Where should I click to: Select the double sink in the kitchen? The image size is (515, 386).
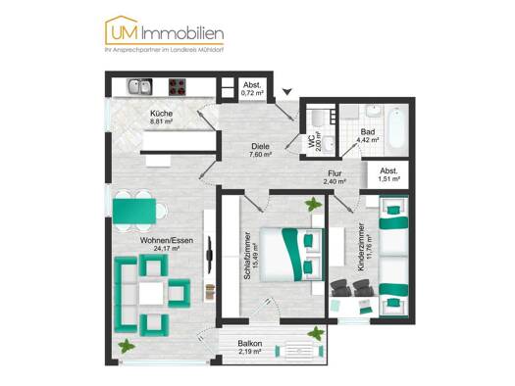point(140,87)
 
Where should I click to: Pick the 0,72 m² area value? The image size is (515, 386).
point(252,93)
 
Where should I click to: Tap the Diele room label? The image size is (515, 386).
point(260,145)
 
